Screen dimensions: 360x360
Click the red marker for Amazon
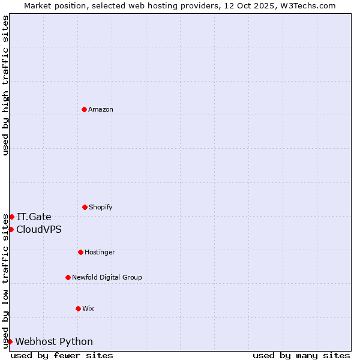click(x=84, y=109)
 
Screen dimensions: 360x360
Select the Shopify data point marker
click(x=85, y=207)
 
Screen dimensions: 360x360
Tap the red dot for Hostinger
click(x=80, y=252)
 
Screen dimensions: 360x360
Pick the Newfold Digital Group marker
click(x=68, y=277)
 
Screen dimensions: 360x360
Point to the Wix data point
click(x=78, y=308)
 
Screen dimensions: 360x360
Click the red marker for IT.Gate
click(x=11, y=217)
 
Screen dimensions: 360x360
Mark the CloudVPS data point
click(x=11, y=229)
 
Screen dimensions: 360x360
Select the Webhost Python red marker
click(x=10, y=341)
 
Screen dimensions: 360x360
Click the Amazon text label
click(x=101, y=109)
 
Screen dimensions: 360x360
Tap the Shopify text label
click(x=101, y=207)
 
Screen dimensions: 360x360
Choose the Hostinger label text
click(x=100, y=252)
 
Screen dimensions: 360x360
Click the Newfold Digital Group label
click(x=107, y=277)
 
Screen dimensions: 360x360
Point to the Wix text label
click(x=88, y=308)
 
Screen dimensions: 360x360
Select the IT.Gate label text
click(x=34, y=217)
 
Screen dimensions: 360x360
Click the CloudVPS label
click(x=39, y=229)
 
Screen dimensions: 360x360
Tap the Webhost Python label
click(x=54, y=341)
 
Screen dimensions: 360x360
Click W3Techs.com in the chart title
click(x=308, y=5)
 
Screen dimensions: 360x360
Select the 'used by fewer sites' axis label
click(x=62, y=355)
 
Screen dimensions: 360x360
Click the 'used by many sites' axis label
click(x=301, y=355)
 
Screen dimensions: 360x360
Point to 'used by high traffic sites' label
click(x=5, y=85)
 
